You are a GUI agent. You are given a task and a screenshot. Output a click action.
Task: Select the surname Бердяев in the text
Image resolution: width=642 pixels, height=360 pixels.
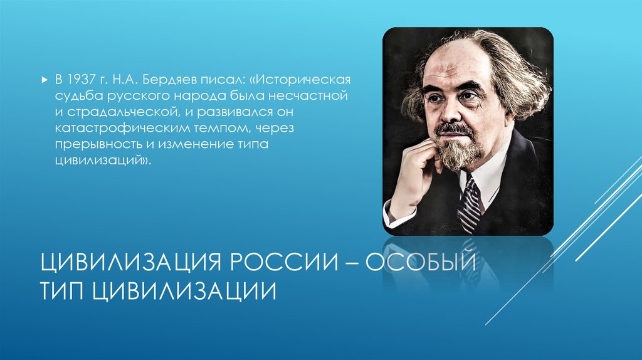click(x=163, y=80)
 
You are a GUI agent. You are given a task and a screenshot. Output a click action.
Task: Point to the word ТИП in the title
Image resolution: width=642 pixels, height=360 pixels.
click(x=62, y=292)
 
